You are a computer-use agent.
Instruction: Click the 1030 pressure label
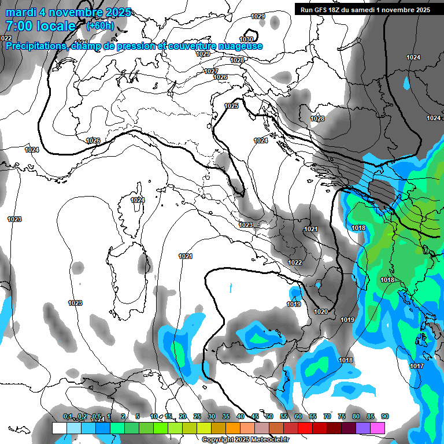[246, 39]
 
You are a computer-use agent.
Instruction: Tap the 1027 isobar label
[211, 71]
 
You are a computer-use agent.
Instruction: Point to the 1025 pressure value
[231, 106]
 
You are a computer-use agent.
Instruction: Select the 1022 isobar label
[295, 262]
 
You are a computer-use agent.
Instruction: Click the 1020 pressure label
[321, 312]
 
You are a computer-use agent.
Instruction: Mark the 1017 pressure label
[416, 366]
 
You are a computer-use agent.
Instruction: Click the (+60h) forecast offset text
[100, 25]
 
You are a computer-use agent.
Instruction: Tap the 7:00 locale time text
[40, 26]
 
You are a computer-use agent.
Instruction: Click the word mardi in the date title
[21, 12]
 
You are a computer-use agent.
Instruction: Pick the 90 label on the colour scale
[385, 416]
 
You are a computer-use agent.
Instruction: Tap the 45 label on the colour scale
[255, 416]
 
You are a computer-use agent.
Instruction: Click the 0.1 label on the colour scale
[68, 416]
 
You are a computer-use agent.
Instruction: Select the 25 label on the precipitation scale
[197, 416]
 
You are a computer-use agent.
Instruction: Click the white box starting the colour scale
[59, 428]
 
